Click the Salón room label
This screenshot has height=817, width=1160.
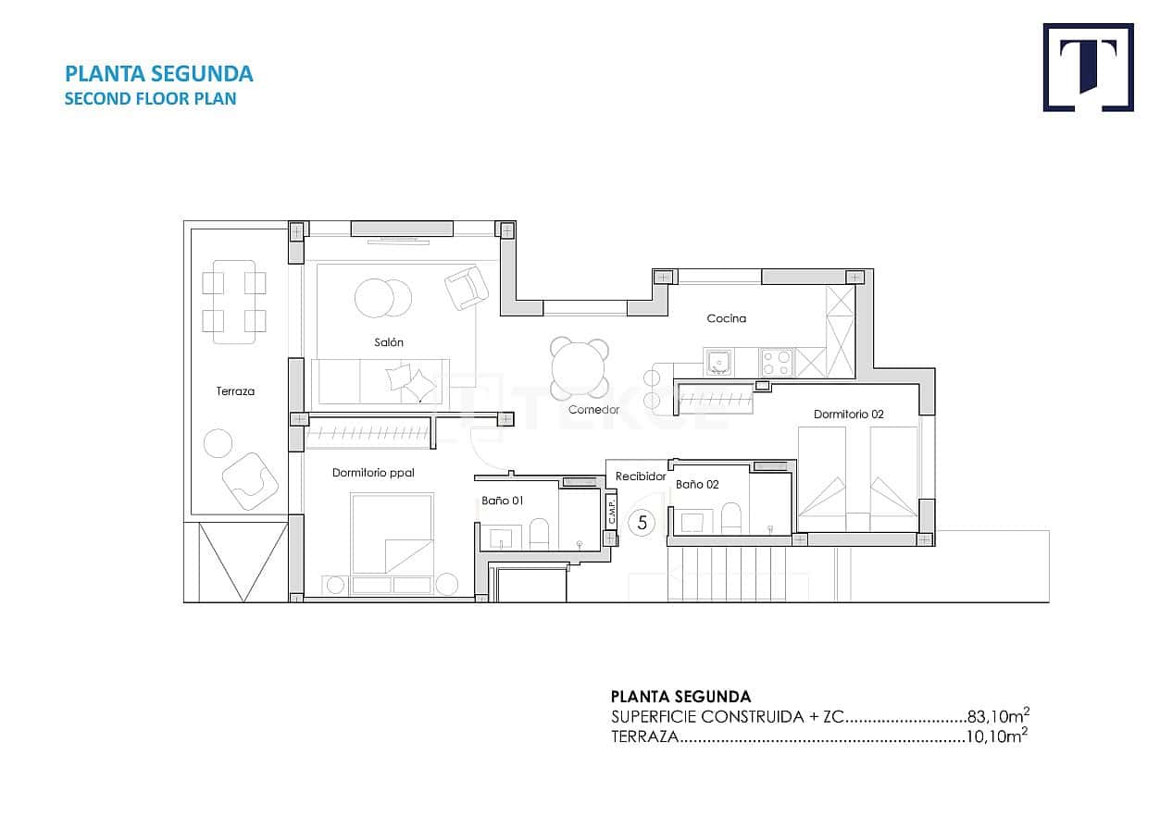click(x=389, y=342)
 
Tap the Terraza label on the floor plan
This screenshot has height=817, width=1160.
click(x=235, y=391)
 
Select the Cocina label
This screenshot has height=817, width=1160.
click(x=726, y=318)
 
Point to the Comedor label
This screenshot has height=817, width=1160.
click(x=593, y=409)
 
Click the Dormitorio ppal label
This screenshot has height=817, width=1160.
click(x=373, y=473)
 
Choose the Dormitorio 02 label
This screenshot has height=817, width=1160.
click(x=848, y=414)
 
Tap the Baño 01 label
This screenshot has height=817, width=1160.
click(x=503, y=501)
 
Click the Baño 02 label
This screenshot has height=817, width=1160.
click(x=697, y=484)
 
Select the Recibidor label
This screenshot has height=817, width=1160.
click(x=641, y=477)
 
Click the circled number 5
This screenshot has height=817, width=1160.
click(x=642, y=523)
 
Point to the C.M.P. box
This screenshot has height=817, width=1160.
click(x=612, y=512)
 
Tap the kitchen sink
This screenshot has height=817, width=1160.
click(x=718, y=362)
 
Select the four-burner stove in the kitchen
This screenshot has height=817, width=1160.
click(x=777, y=362)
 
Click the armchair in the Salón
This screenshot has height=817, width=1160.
click(x=467, y=288)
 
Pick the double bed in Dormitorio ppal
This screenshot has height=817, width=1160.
click(x=392, y=534)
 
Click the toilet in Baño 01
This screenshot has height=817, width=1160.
click(x=540, y=533)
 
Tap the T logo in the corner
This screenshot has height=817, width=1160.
click(x=1088, y=68)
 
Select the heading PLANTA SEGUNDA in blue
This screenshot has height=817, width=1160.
click(x=158, y=74)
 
